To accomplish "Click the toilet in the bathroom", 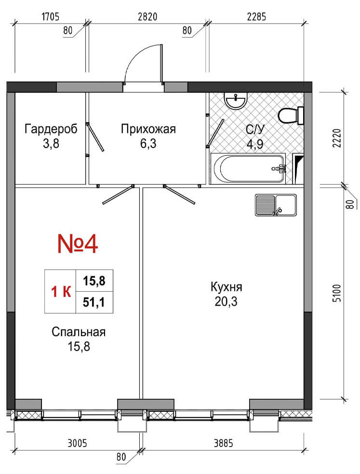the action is point(291,116).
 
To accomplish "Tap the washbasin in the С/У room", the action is point(236,100).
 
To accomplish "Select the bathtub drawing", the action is point(248,168).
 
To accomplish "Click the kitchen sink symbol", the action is point(276,205).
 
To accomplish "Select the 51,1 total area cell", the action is point(94,302).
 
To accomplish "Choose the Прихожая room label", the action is point(148,129).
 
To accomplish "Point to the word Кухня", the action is point(226,287).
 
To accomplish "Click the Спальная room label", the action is point(79,332).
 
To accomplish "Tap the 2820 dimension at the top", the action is point(147,16).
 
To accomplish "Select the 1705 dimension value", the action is point(51,16).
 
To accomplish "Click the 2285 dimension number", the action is point(256,16).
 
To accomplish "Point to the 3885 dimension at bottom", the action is point(224,444).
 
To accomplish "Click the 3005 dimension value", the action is point(77,444).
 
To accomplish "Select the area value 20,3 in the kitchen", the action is point(226,301).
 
